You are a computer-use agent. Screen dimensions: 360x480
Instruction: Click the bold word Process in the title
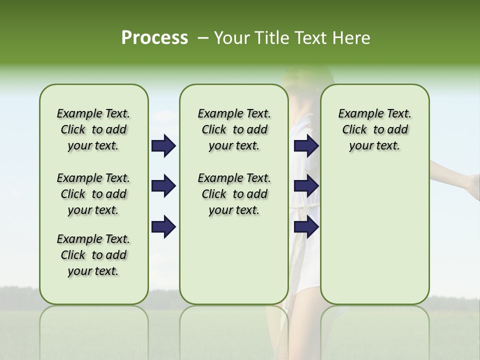[x=154, y=38]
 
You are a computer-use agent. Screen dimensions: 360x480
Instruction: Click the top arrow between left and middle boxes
[x=163, y=146]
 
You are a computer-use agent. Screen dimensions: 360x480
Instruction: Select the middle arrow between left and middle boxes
[x=163, y=186]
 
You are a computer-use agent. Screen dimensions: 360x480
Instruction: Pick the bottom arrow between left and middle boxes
[x=163, y=226]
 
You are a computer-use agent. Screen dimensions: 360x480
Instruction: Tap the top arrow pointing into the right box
[x=306, y=146]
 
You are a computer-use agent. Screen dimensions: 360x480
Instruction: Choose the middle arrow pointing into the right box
[x=306, y=186]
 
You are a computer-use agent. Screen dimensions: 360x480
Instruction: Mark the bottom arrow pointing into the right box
[x=306, y=226]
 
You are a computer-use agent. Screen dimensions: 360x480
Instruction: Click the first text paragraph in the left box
[x=93, y=129]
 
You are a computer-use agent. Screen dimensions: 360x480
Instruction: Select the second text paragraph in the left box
[x=93, y=194]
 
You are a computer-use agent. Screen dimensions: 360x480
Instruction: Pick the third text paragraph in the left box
[x=93, y=255]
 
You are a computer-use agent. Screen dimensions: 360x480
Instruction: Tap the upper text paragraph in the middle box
[x=234, y=129]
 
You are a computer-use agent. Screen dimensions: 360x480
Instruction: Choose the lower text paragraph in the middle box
[x=234, y=194]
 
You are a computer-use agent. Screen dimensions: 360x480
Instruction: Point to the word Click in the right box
[x=354, y=130]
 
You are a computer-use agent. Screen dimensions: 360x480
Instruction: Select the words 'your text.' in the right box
[x=374, y=146]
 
